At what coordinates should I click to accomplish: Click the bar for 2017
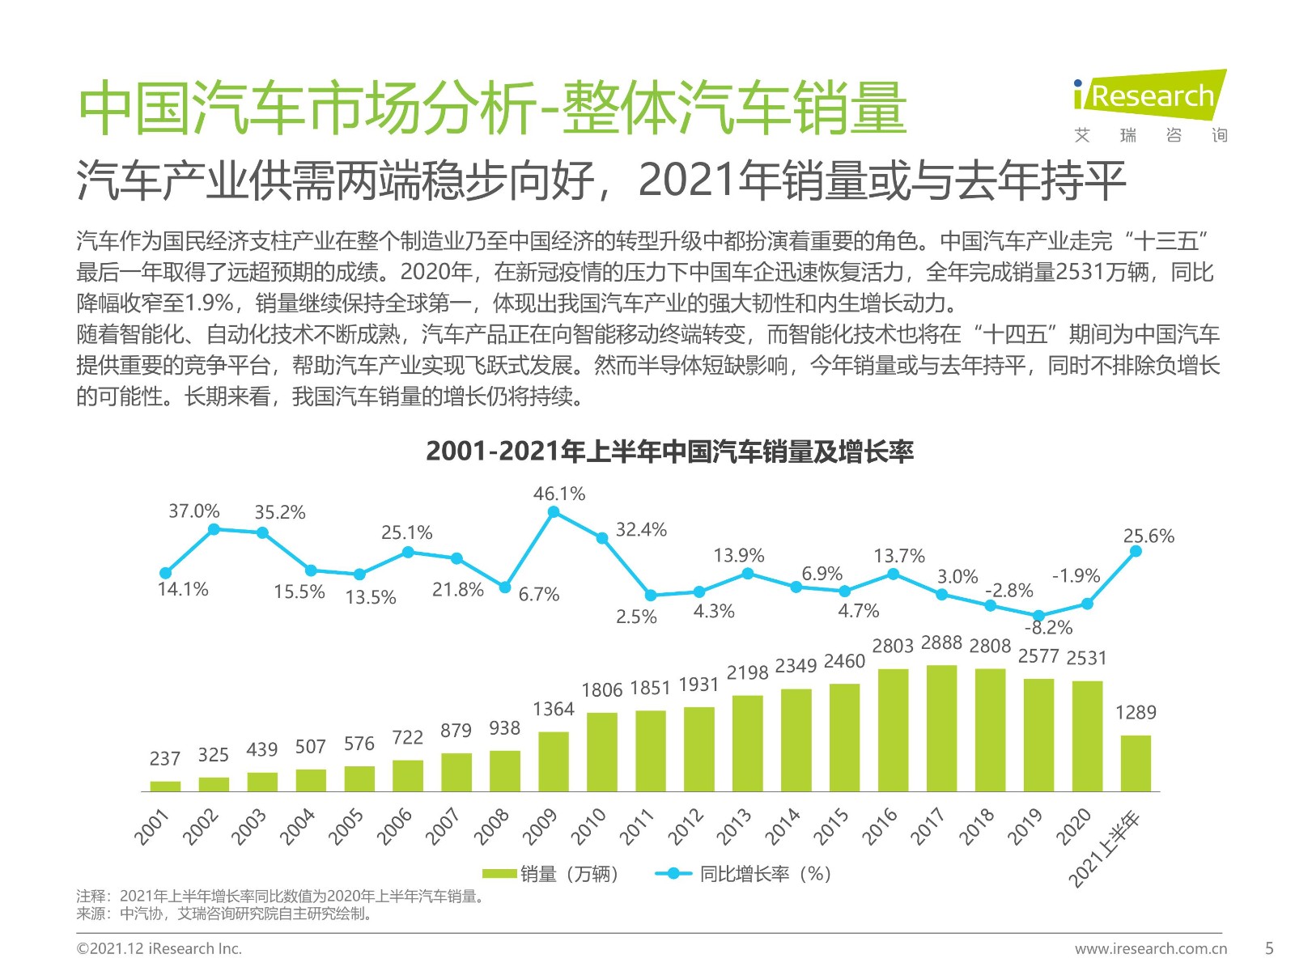pyautogui.click(x=941, y=727)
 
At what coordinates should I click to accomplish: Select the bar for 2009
pyautogui.click(x=554, y=761)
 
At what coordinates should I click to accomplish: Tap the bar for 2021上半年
pyautogui.click(x=1136, y=762)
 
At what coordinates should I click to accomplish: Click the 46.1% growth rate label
pyautogui.click(x=558, y=494)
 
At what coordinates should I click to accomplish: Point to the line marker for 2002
pyautogui.click(x=214, y=529)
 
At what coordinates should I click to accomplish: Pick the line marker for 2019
pyautogui.click(x=1039, y=616)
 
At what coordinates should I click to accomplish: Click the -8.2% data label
pyautogui.click(x=1048, y=628)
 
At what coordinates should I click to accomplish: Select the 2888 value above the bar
pyautogui.click(x=941, y=643)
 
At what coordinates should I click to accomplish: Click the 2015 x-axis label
pyautogui.click(x=832, y=826)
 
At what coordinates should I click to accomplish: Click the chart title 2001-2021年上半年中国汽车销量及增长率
pyautogui.click(x=669, y=452)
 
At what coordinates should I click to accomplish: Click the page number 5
pyautogui.click(x=1269, y=948)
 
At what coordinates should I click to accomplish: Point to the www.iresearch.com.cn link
pyautogui.click(x=1150, y=948)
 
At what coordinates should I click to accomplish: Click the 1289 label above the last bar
pyautogui.click(x=1136, y=713)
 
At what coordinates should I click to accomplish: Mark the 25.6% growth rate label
pyautogui.click(x=1148, y=536)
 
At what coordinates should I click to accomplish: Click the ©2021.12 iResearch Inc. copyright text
pyautogui.click(x=159, y=948)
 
